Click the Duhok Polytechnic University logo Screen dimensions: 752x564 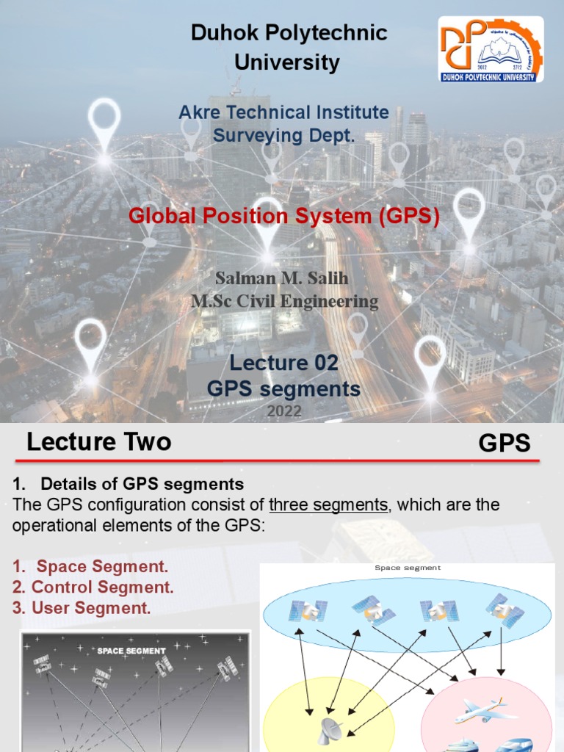point(491,50)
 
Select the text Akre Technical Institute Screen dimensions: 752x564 point(283,112)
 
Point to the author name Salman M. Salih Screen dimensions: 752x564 point(283,279)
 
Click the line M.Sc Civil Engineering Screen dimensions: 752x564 point(285,301)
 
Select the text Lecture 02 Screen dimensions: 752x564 point(284,363)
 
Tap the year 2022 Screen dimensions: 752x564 point(284,412)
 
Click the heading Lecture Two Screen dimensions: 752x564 point(99,442)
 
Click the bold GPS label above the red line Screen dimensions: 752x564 point(504,444)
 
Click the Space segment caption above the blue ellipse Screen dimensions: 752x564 point(408,568)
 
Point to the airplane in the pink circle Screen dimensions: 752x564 point(485,710)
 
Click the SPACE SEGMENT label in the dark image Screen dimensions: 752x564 point(132,651)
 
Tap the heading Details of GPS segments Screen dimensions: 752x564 point(142,484)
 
